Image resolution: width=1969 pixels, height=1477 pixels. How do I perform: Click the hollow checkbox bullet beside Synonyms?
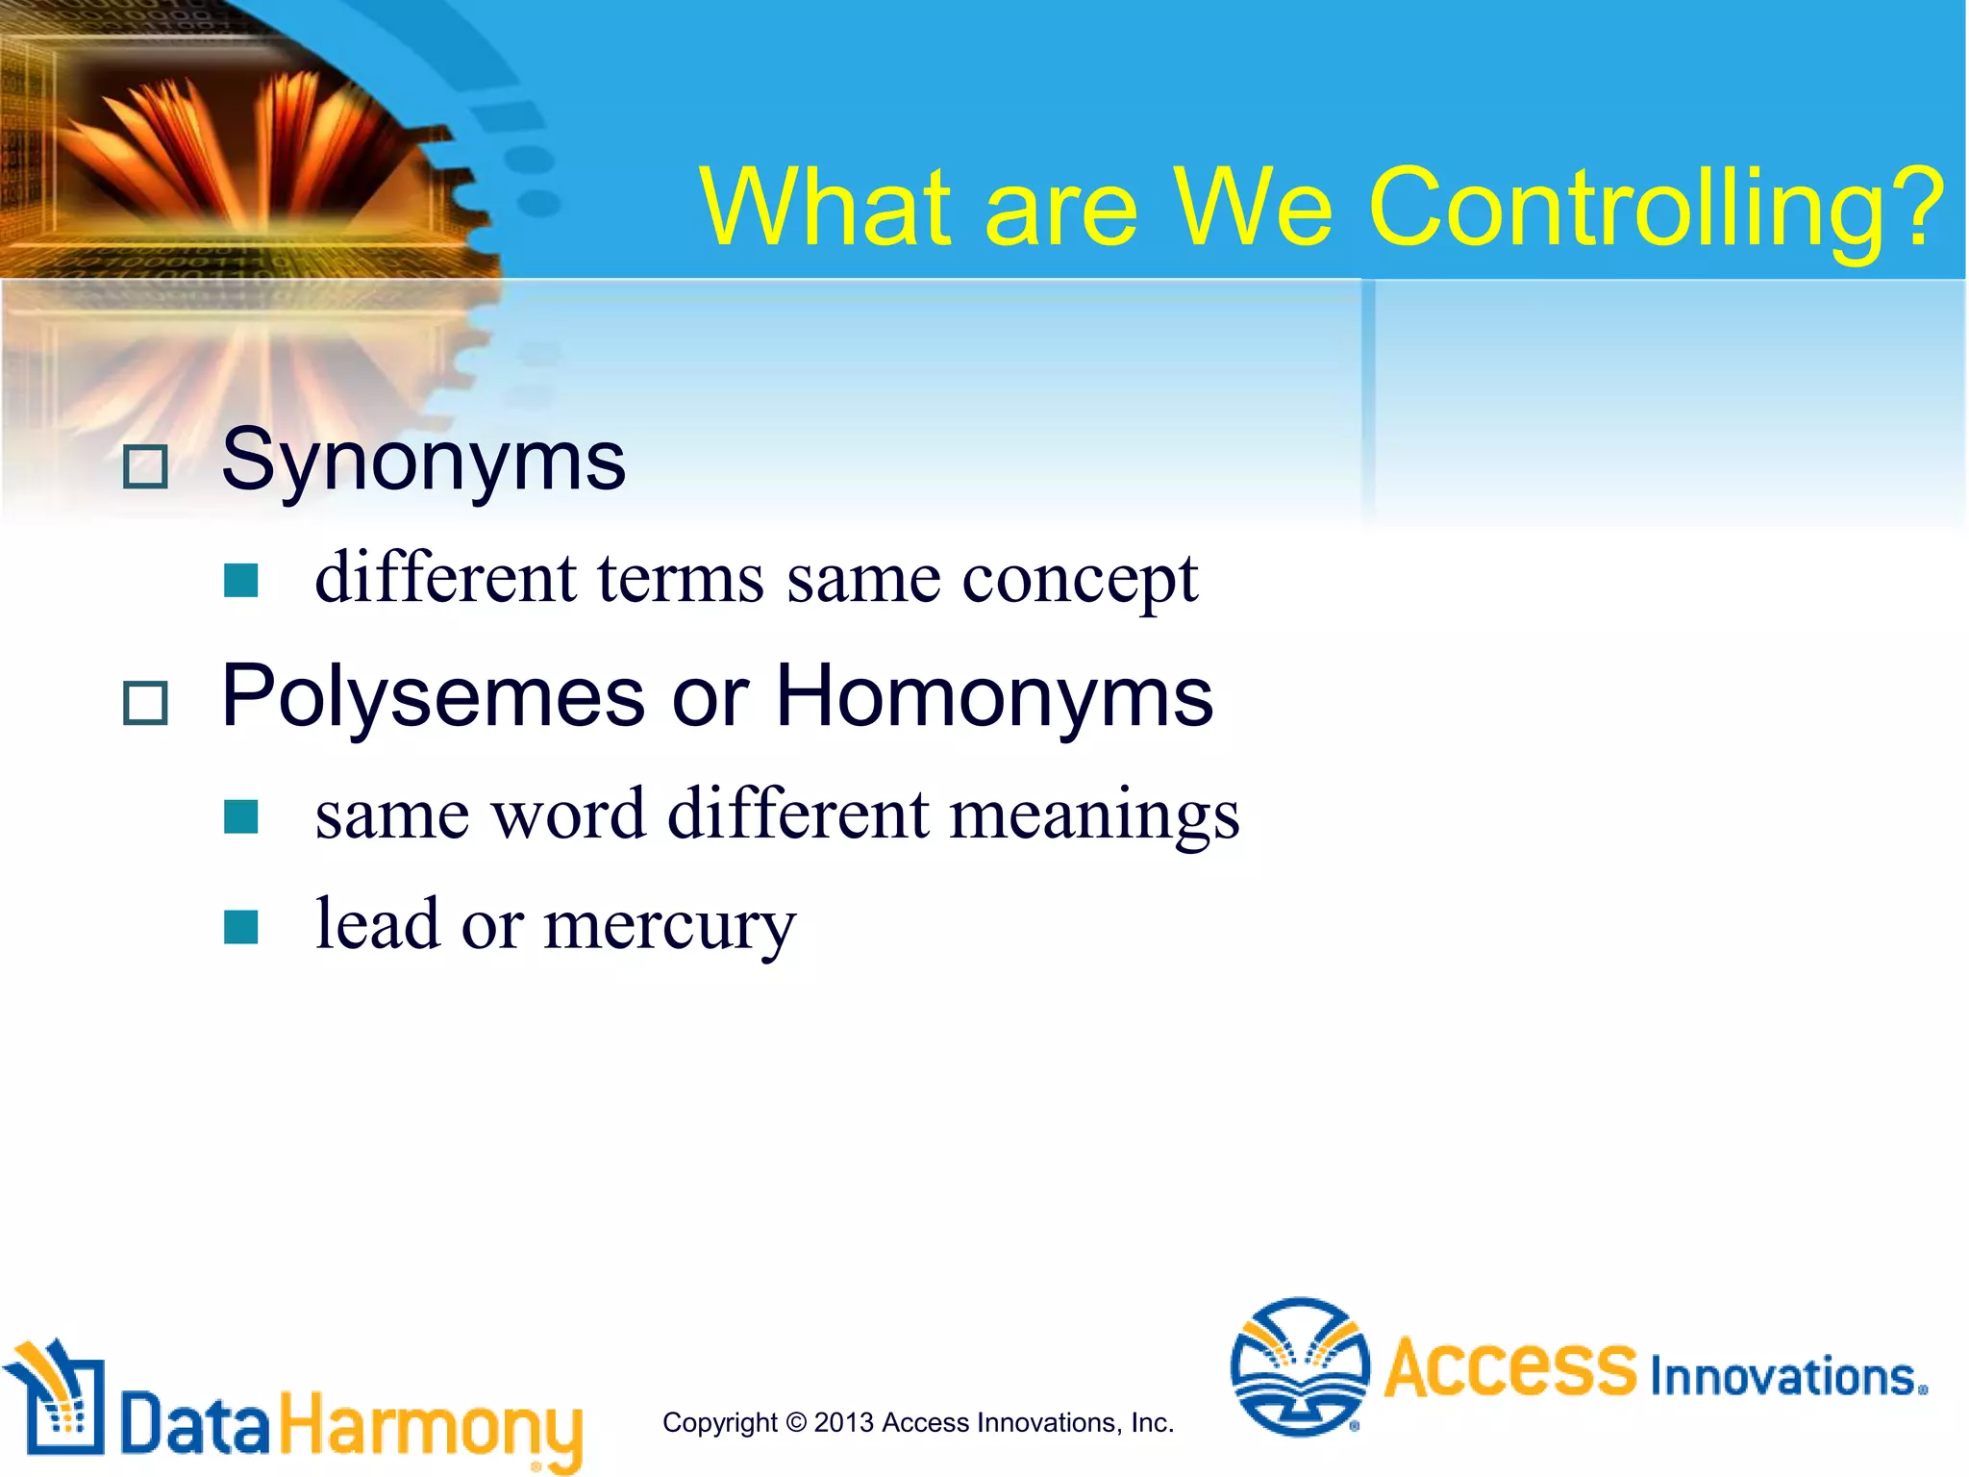[x=146, y=467]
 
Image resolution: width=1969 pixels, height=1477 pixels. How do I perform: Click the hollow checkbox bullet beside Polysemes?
[x=146, y=703]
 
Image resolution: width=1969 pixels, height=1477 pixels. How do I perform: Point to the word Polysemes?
[x=433, y=698]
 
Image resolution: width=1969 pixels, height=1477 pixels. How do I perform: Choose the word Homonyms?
[x=994, y=696]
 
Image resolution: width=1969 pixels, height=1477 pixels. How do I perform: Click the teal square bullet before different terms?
[x=240, y=581]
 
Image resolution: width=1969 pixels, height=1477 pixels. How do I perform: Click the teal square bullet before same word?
[x=240, y=816]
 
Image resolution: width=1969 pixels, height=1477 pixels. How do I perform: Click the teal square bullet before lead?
[x=240, y=927]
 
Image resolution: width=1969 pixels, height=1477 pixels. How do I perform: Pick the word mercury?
[x=669, y=926]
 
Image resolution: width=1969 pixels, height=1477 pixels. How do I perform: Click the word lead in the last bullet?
[x=378, y=924]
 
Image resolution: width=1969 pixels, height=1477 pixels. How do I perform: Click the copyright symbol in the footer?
[x=795, y=1422]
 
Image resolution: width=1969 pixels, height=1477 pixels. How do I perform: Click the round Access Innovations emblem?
[x=1300, y=1366]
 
